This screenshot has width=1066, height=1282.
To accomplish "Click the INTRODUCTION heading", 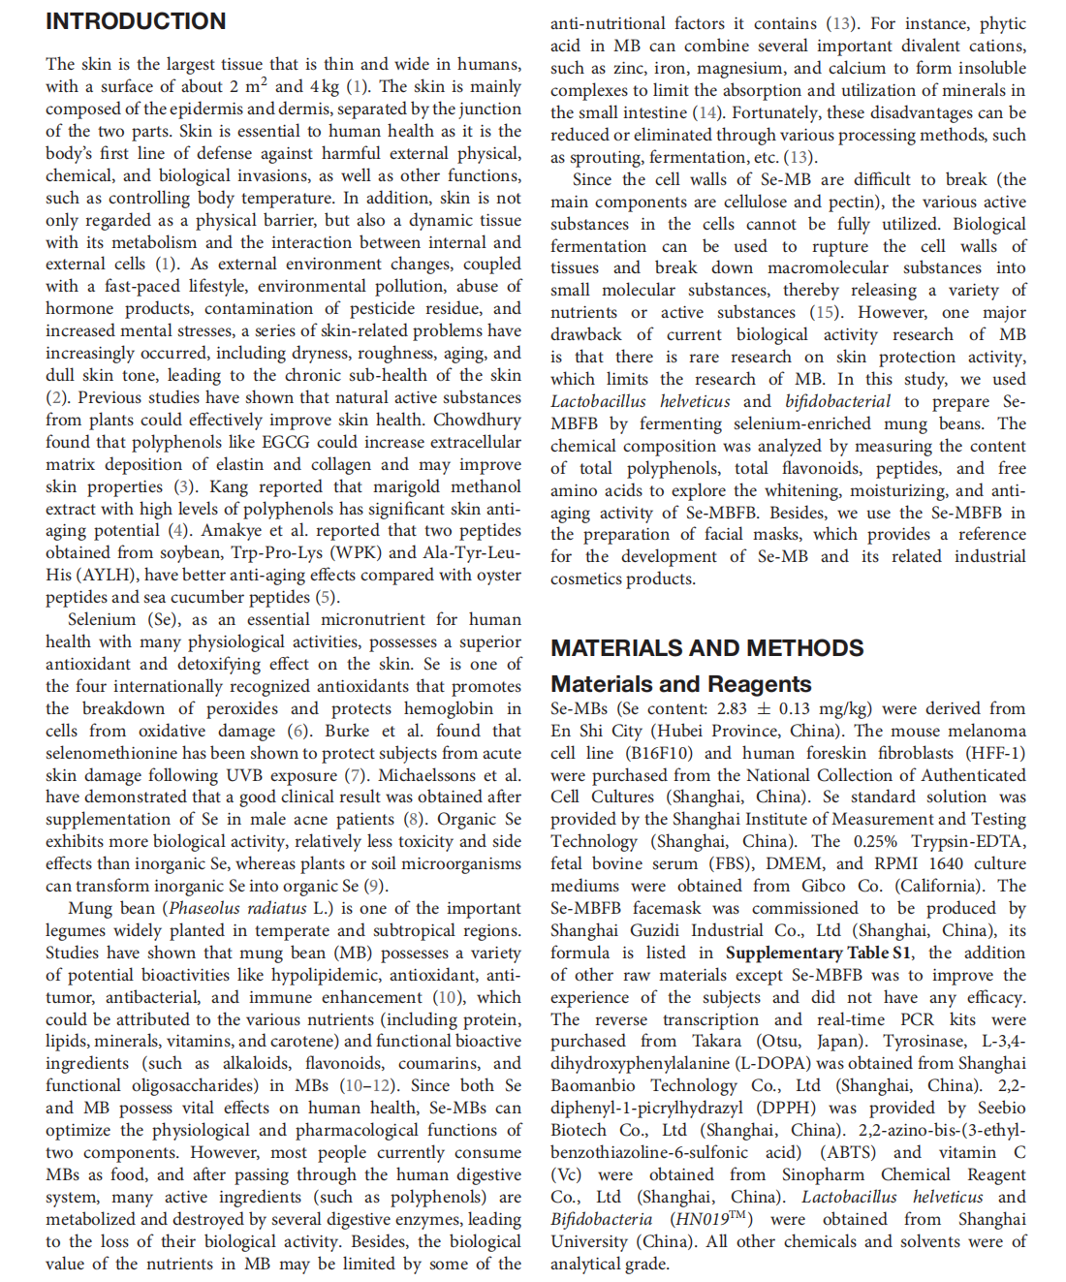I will click(136, 21).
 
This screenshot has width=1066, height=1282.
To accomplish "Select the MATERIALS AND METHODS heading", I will click(706, 648).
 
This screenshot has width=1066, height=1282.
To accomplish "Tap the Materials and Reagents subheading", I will click(680, 684).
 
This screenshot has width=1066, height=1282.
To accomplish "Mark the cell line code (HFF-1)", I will click(995, 753).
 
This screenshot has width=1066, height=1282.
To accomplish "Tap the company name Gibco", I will click(823, 886).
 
